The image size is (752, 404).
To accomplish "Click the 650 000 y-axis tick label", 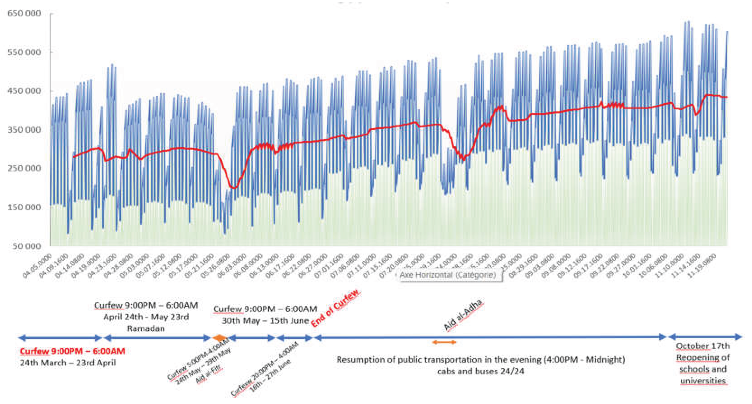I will pos(24,13).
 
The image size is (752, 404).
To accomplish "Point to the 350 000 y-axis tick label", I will pos(24,129).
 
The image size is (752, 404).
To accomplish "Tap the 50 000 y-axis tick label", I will pos(26,246).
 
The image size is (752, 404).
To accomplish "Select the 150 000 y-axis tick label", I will pos(24,207).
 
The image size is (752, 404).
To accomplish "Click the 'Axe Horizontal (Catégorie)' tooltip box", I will pos(448,275).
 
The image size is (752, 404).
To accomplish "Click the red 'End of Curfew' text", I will pos(335,309).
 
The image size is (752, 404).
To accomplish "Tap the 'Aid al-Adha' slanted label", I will pos(463,315).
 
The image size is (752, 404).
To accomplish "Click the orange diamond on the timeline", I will pos(220,338).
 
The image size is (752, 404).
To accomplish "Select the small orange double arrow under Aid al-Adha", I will pos(444,342).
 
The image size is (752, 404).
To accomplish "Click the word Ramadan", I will pos(146,328).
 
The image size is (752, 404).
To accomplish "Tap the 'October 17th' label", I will pos(703,346).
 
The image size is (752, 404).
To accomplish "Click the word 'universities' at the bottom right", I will pos(703,381).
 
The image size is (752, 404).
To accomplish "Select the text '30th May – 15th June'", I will pos(265,321).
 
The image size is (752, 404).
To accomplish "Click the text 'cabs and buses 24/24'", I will pos(480,371).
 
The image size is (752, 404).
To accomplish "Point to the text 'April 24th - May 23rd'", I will pos(146,317).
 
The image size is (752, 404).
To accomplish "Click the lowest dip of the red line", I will pos(234,187).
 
